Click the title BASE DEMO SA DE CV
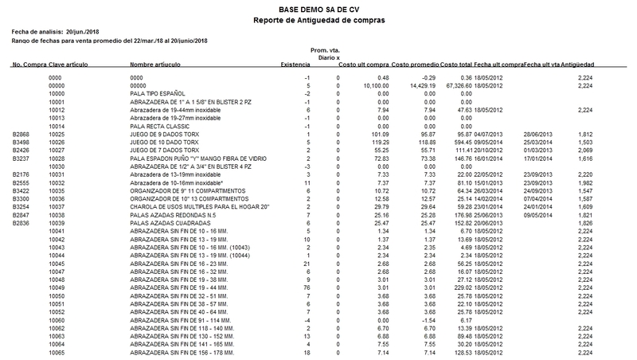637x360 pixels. [318, 7]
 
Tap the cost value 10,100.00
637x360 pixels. [376, 84]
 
